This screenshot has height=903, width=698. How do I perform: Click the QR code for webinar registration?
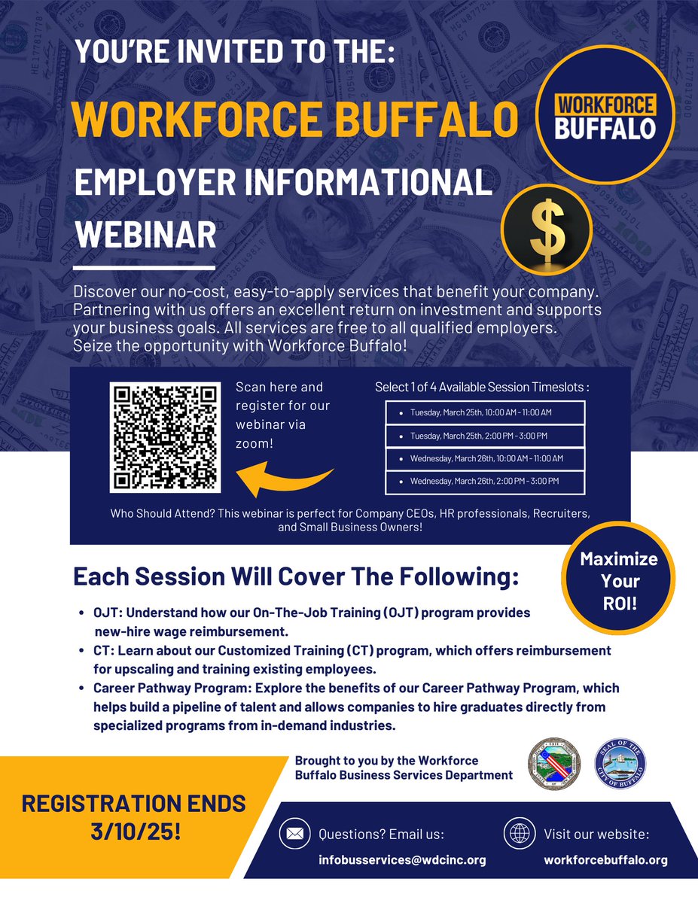[165, 437]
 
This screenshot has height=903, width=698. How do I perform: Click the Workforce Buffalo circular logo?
[604, 115]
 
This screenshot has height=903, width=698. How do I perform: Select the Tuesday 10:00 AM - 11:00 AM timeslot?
[485, 412]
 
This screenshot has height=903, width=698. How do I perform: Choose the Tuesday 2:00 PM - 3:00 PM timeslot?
[485, 436]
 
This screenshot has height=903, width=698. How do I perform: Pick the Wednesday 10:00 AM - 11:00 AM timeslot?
[485, 458]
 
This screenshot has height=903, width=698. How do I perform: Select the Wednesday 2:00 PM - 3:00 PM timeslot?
[485, 482]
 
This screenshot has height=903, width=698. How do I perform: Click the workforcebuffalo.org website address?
[605, 860]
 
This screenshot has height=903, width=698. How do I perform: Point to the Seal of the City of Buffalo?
[620, 763]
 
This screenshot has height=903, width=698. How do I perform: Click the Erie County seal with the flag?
[553, 763]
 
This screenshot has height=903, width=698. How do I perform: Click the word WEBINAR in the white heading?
[145, 235]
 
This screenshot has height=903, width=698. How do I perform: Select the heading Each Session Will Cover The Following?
[296, 578]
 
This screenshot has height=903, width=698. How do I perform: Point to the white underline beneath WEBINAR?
[144, 268]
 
